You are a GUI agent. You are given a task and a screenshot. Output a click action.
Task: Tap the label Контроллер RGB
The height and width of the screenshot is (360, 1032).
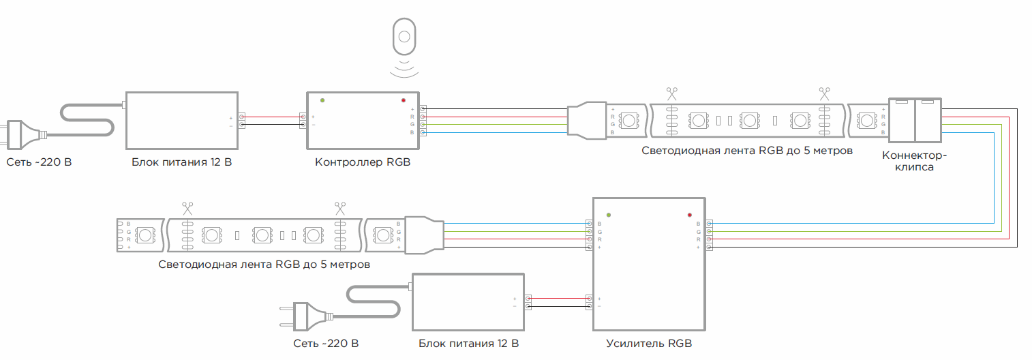(363, 162)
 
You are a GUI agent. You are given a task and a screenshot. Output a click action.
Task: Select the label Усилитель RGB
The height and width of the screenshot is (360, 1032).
(648, 344)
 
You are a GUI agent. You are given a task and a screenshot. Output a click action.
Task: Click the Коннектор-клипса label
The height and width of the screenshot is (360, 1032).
(914, 161)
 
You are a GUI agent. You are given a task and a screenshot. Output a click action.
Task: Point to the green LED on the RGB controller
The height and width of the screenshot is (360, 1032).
(322, 100)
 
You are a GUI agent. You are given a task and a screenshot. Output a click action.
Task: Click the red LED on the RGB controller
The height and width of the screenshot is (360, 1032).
(404, 100)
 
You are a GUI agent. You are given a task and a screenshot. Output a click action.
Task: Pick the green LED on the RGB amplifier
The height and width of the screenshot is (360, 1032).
(609, 215)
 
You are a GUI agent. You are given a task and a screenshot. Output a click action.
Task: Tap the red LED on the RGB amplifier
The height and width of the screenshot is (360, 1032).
(690, 215)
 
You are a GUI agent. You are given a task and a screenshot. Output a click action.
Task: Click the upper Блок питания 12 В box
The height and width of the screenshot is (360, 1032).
(181, 120)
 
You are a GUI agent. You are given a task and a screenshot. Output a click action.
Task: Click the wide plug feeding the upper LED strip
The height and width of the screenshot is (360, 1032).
(586, 121)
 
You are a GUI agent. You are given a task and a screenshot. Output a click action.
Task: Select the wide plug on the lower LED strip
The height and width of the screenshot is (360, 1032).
(424, 235)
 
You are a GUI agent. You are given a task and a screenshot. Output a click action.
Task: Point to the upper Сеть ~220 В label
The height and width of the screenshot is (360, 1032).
(40, 162)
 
